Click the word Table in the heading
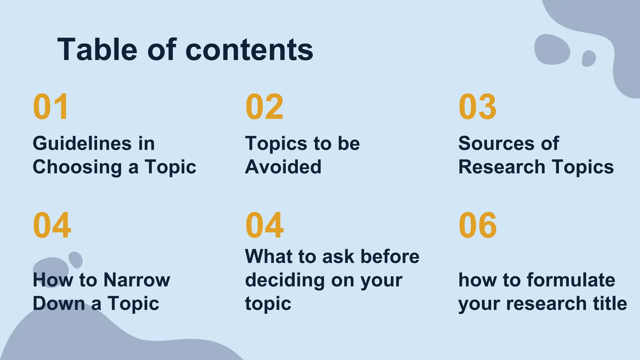point(97,49)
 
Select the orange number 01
point(51,107)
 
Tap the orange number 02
point(264,107)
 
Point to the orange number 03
point(477,107)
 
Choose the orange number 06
point(477,225)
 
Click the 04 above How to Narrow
point(52,225)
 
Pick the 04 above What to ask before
point(264,225)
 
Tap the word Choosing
point(77,167)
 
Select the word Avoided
point(283,167)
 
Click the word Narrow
point(137,280)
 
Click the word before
point(390,257)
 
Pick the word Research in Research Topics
point(502,167)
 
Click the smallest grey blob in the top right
point(589,58)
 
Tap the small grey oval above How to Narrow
point(75,260)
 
